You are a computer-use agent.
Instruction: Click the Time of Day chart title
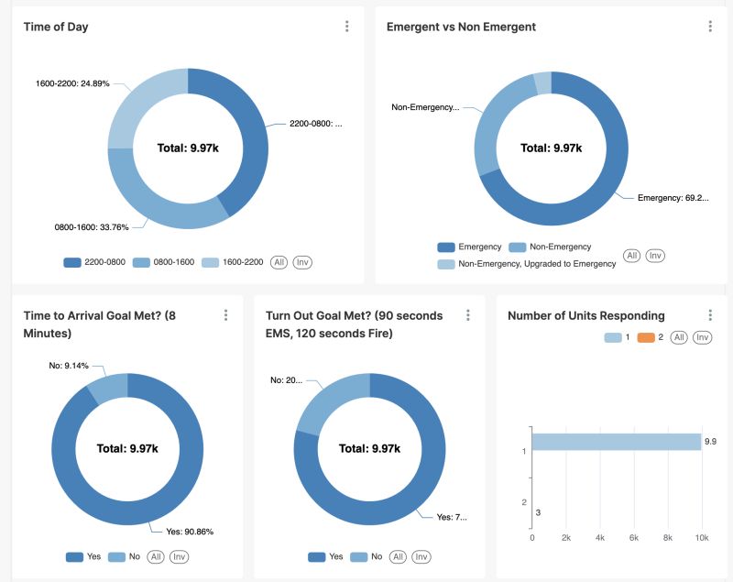click(56, 27)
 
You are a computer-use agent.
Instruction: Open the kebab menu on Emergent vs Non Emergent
click(710, 27)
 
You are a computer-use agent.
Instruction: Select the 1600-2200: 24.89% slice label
click(72, 83)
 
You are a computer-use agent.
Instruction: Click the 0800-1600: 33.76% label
click(92, 226)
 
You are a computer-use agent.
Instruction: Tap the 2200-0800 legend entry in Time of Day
click(94, 262)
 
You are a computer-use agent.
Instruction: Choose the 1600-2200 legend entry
click(233, 262)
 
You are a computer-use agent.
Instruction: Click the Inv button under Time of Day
click(302, 262)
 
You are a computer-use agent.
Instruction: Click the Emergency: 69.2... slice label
click(673, 197)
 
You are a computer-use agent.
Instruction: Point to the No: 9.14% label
click(69, 366)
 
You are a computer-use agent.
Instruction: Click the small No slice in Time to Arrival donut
click(107, 388)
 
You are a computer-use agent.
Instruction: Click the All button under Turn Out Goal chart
click(398, 556)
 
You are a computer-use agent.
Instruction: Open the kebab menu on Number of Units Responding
click(710, 315)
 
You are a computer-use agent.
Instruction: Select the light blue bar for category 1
click(616, 442)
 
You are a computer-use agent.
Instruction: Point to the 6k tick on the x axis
click(633, 538)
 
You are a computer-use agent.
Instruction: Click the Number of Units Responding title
click(586, 315)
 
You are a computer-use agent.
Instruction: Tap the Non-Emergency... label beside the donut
click(425, 107)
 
